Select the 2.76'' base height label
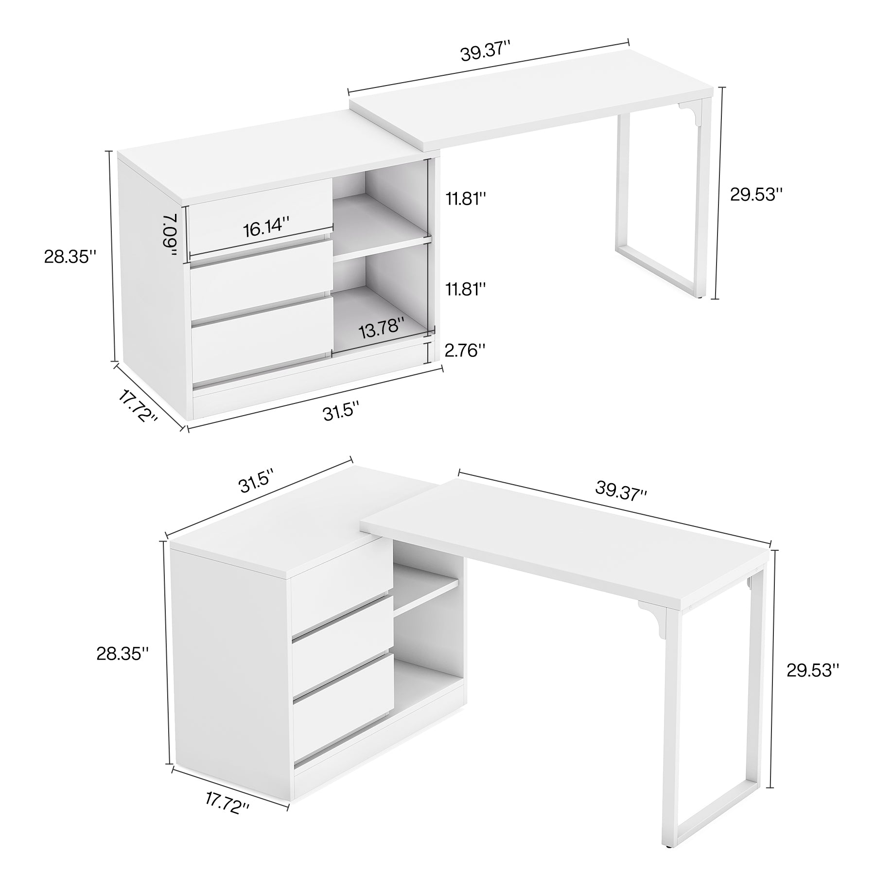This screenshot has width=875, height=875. pyautogui.click(x=466, y=350)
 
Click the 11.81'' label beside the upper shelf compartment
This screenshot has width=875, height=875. pyautogui.click(x=466, y=198)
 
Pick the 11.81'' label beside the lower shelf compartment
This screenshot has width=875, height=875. pyautogui.click(x=466, y=289)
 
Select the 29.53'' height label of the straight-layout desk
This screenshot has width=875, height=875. pyautogui.click(x=756, y=194)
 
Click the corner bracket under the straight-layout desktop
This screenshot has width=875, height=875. pyautogui.click(x=692, y=112)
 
